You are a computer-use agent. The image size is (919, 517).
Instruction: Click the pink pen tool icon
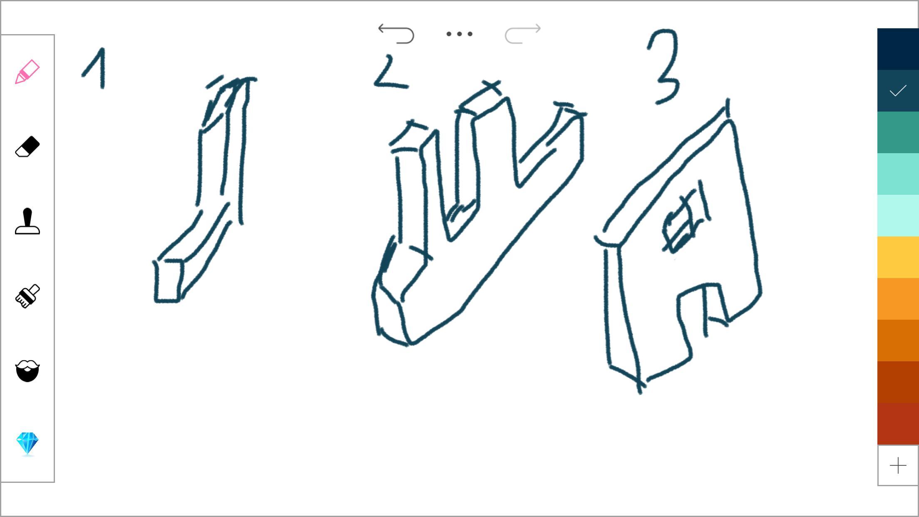click(x=27, y=72)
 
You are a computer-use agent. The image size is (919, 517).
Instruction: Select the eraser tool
click(x=27, y=147)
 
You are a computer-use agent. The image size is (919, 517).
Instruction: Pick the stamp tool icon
click(x=27, y=221)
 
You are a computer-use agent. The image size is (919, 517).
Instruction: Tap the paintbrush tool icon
click(x=27, y=296)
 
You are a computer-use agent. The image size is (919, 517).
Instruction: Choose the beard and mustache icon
click(x=27, y=371)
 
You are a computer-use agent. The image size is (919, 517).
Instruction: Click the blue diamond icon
click(x=27, y=444)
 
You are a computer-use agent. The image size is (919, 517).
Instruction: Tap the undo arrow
click(x=396, y=34)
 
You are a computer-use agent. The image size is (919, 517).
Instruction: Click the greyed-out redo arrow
click(x=523, y=34)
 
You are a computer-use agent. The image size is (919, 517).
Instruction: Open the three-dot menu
click(x=459, y=34)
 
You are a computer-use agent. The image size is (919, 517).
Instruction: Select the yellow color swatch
click(x=898, y=257)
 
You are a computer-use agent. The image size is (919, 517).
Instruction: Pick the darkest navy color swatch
click(x=898, y=49)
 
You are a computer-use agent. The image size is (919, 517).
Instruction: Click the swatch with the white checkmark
click(x=898, y=91)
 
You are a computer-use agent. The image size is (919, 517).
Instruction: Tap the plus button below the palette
click(x=898, y=465)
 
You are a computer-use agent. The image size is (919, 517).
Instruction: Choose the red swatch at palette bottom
click(x=898, y=424)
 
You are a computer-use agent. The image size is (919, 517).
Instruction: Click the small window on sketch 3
click(x=683, y=223)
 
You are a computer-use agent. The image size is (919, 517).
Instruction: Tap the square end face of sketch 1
click(x=168, y=281)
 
